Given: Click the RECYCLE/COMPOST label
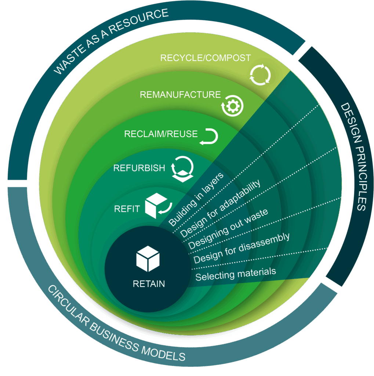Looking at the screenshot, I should click(206, 58).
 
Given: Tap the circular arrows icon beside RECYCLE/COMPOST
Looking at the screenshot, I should click(260, 75).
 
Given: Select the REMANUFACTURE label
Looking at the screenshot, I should click(180, 95).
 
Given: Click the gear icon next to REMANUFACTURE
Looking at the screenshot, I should click(232, 106).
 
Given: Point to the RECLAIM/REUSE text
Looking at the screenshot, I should click(161, 134).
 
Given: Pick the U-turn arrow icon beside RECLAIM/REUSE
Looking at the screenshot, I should click(209, 137).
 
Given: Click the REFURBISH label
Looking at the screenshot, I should click(139, 168).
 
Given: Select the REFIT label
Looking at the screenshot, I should click(127, 209).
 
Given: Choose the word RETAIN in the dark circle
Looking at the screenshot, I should click(149, 283).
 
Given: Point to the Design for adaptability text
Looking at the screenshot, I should click(220, 208).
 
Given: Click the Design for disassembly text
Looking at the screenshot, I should click(242, 248).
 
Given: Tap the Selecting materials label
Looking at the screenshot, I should click(235, 274).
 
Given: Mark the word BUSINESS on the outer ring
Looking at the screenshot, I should click(110, 330).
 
